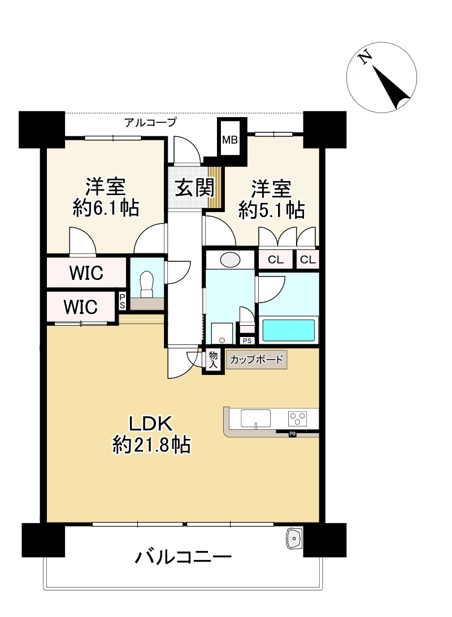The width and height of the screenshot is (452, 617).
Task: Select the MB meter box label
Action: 229,140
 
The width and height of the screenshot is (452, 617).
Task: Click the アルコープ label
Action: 150,121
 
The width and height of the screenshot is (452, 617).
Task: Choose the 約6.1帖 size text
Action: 106,209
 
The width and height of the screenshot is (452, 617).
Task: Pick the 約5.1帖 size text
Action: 272,210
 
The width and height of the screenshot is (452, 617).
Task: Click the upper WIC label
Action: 86,273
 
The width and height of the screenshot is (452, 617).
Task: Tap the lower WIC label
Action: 81,307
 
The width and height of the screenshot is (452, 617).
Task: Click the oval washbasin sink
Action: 229,260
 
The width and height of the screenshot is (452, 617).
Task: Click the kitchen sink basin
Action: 256,418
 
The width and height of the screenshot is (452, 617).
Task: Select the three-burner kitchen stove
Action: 298,419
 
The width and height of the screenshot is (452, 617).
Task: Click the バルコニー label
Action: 183,558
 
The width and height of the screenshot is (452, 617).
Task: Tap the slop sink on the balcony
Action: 294,539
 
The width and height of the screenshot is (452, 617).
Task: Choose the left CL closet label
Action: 276,260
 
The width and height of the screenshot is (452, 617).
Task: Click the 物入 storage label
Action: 213,360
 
